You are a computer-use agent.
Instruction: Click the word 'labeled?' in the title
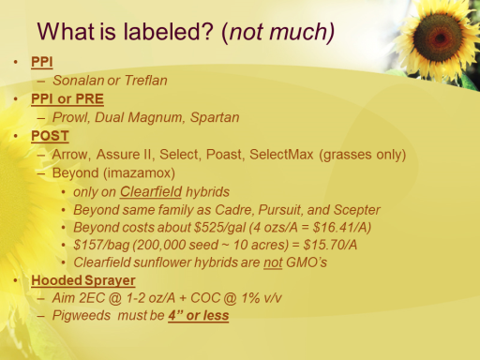pyautogui.click(x=168, y=32)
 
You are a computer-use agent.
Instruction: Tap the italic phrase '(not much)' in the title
pyautogui.click(x=277, y=33)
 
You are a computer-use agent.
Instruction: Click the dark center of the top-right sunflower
pyautogui.click(x=439, y=37)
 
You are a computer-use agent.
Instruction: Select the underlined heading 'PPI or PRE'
pyautogui.click(x=67, y=99)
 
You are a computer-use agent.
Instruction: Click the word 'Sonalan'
pyautogui.click(x=78, y=81)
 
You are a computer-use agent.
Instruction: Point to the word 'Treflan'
pyautogui.click(x=146, y=81)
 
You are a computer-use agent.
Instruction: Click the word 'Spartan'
pyautogui.click(x=215, y=117)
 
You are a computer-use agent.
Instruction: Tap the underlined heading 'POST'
pyautogui.click(x=50, y=136)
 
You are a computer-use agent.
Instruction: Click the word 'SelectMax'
pyautogui.click(x=281, y=155)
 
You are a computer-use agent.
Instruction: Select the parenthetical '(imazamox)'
pyautogui.click(x=139, y=173)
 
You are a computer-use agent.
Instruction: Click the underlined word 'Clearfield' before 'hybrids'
pyautogui.click(x=151, y=191)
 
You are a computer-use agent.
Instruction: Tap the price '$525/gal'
pyautogui.click(x=219, y=228)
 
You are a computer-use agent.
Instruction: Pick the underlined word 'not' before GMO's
pyautogui.click(x=273, y=262)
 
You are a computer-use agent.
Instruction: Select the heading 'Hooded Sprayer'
pyautogui.click(x=83, y=280)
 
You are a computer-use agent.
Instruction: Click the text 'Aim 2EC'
pyautogui.click(x=79, y=298)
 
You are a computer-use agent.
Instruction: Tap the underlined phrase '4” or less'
pyautogui.click(x=199, y=315)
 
